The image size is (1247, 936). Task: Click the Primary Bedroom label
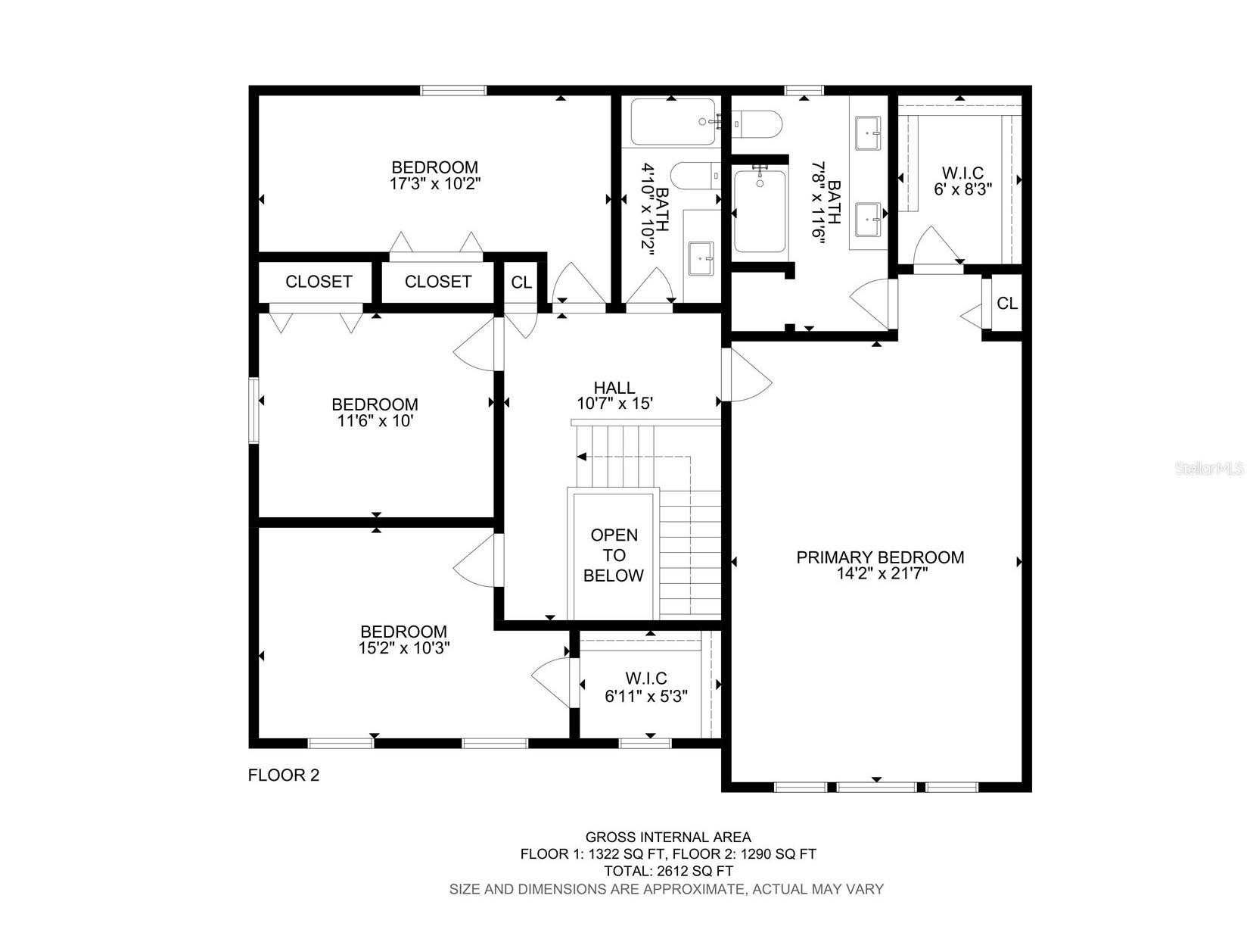(880, 557)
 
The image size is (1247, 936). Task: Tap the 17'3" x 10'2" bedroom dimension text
(436, 183)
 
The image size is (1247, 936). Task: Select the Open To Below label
(614, 555)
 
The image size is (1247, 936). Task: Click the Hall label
(614, 388)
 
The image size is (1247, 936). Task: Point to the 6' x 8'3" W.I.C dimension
(962, 189)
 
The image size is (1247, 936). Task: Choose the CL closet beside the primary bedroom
(1006, 304)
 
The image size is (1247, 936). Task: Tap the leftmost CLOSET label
(319, 282)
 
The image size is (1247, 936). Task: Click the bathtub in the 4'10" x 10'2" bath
(673, 122)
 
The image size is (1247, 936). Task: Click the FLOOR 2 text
(284, 775)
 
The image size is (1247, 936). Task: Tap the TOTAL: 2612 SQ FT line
(668, 871)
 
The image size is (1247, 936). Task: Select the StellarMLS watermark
(1209, 469)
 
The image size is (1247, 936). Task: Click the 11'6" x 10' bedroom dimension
(375, 421)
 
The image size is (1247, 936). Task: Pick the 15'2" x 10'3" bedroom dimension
(404, 648)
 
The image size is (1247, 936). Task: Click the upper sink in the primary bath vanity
(868, 133)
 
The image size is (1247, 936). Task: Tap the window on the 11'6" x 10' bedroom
(255, 410)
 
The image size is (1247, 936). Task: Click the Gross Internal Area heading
(668, 837)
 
